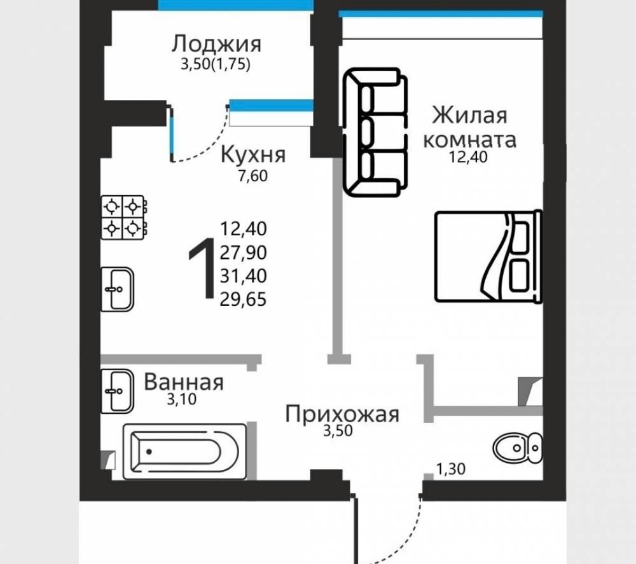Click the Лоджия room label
[x=216, y=44]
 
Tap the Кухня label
[x=254, y=155]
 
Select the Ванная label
[x=184, y=382]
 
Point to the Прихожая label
[x=342, y=415]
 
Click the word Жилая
[x=470, y=115]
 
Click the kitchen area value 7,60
[x=253, y=176]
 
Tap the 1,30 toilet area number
[x=451, y=469]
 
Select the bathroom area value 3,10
[x=182, y=399]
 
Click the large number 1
[x=203, y=268]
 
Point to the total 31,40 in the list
[x=244, y=276]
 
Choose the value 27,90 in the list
[x=244, y=252]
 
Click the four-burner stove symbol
[x=124, y=217]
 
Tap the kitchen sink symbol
[x=117, y=289]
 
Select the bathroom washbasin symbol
[x=117, y=391]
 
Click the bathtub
[x=184, y=451]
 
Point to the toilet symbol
[x=518, y=448]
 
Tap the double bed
[x=488, y=256]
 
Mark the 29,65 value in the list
[x=244, y=299]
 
